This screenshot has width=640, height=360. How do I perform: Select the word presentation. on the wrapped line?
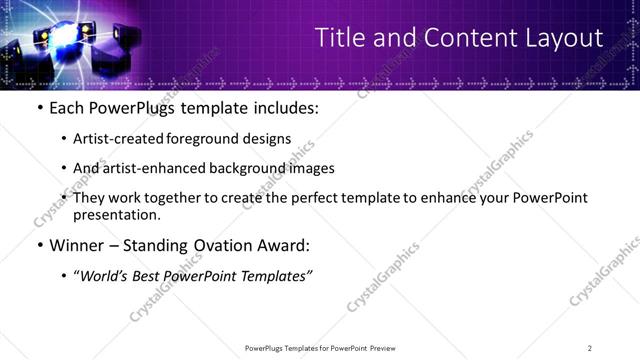click(x=116, y=214)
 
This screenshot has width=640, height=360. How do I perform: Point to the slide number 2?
click(x=590, y=348)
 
